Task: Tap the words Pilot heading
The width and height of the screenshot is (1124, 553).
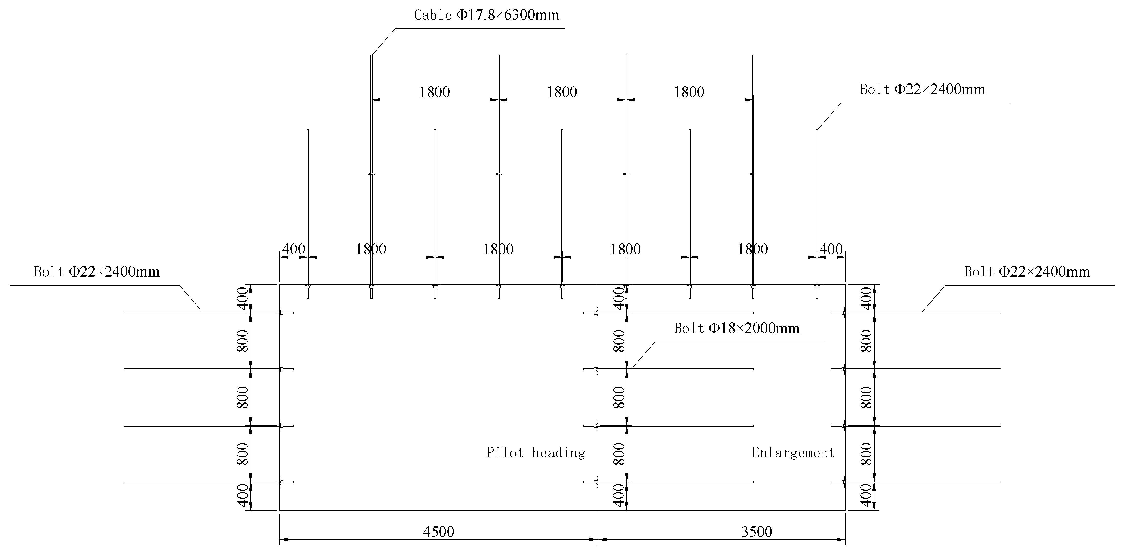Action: click(535, 453)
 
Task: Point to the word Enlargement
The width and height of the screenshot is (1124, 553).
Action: click(793, 453)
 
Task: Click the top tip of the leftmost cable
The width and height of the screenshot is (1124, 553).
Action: click(371, 55)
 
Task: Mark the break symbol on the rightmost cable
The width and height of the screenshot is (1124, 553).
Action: click(753, 174)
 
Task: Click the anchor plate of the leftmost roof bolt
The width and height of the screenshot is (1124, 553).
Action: click(308, 287)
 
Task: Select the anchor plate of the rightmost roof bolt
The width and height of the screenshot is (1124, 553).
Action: click(817, 287)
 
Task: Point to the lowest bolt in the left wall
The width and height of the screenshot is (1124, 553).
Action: click(201, 482)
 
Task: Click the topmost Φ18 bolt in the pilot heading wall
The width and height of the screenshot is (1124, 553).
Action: click(674, 313)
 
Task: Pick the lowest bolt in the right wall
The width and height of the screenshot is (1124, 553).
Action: click(921, 482)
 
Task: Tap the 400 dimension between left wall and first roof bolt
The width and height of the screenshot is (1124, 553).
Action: click(293, 249)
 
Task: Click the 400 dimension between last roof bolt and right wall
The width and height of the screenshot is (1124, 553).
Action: click(831, 249)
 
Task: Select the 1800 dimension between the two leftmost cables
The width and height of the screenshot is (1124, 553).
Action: click(435, 92)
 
